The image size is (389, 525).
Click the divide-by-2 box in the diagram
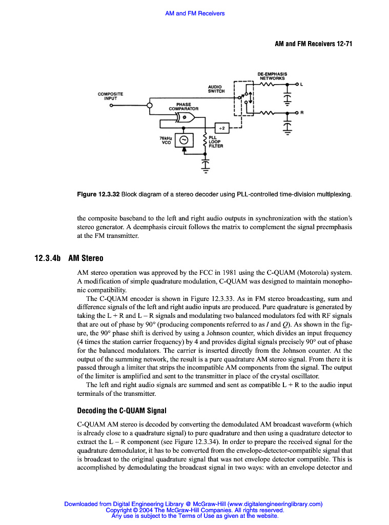pos(221,127)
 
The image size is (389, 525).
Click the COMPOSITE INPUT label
pos(110,96)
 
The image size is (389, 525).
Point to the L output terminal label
pos(301,84)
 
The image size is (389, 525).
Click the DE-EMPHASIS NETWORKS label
pos(272,76)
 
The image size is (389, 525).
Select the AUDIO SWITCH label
pos(216,89)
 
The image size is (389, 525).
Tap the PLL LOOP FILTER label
pos(215,142)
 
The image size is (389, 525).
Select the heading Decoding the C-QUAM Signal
pos(122,411)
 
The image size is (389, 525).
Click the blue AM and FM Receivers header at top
pos(195,13)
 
